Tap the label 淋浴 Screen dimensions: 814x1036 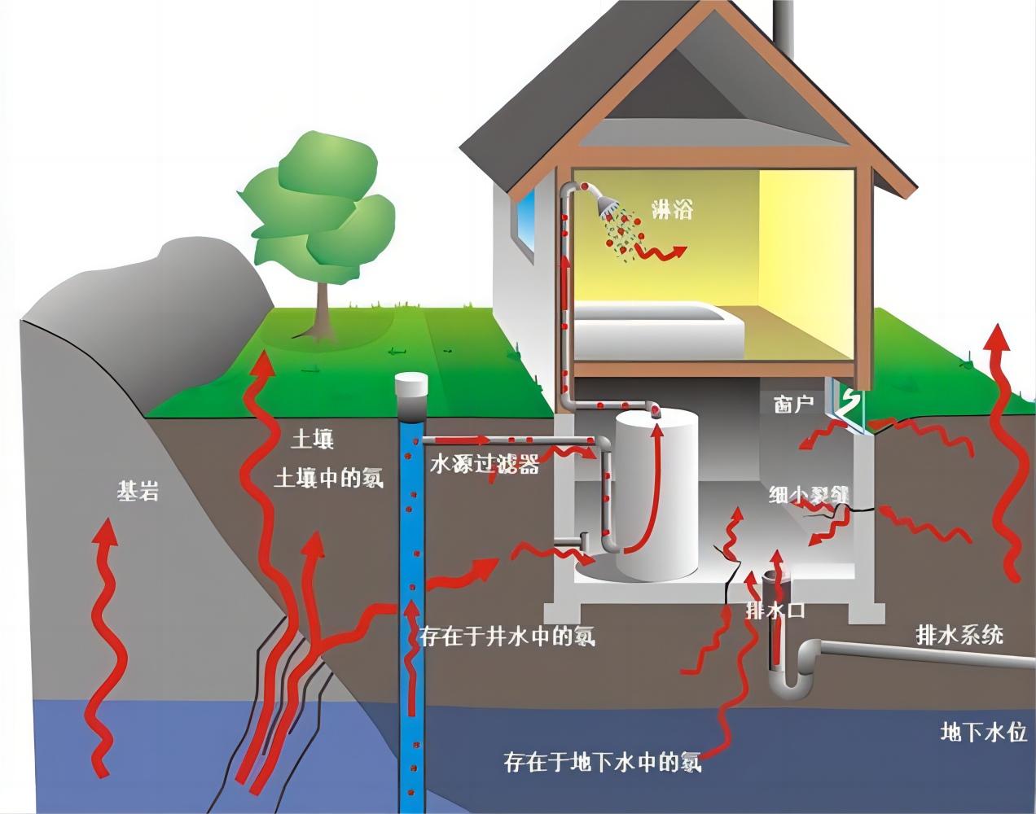pos(673,208)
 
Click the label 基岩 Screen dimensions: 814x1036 pos(138,491)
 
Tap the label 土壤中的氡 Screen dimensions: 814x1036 pos(329,477)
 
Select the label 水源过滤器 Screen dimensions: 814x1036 pos(485,465)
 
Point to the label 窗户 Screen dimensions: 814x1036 pos(794,404)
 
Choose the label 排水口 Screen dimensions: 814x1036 pos(775,610)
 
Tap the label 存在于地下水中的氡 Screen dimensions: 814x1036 pos(603,762)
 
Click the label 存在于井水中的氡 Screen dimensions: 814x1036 pos(507,636)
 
